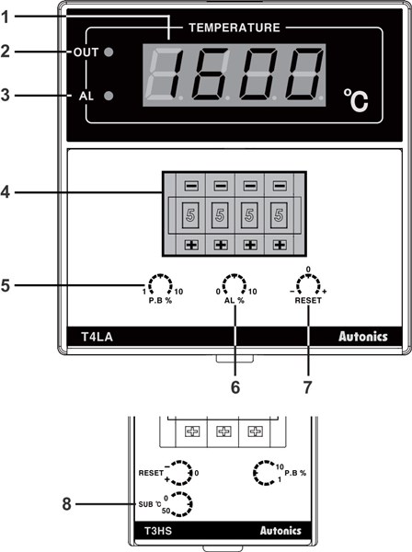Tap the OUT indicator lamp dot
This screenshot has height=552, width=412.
coord(109,52)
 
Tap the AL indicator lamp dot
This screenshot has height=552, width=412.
coord(109,96)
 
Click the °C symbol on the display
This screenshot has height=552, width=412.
coord(355,99)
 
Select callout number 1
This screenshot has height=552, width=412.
coord(8,16)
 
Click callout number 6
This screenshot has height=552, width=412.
coord(235,387)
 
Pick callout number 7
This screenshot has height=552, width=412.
coord(308,387)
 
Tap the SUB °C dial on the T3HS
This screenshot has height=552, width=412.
coord(182,503)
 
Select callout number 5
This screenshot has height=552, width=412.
coord(8,284)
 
